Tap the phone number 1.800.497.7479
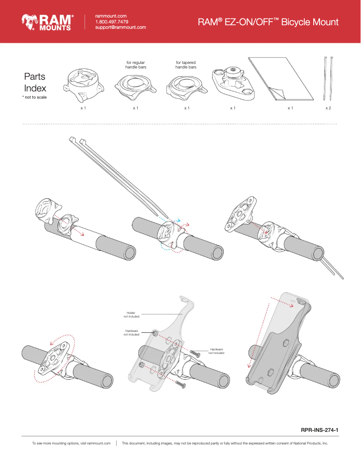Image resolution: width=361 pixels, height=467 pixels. [112, 22]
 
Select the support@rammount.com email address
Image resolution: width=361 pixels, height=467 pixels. [121, 27]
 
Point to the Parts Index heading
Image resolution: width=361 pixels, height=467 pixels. [35, 82]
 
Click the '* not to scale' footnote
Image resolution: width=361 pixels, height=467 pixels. [34, 97]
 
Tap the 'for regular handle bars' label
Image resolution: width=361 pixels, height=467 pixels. [135, 65]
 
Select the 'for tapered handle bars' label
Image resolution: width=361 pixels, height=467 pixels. [186, 65]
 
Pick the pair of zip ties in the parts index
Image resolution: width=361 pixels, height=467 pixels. [328, 78]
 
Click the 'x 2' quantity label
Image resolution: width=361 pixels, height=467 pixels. [328, 109]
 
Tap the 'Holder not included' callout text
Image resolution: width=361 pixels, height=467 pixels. [132, 314]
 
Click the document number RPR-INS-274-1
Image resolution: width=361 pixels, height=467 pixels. [319, 430]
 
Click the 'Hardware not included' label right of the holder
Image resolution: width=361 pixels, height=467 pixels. [216, 351]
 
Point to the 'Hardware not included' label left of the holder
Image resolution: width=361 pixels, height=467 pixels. [131, 332]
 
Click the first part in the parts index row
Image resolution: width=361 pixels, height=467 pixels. [83, 83]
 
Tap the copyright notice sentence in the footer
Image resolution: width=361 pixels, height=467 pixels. [225, 443]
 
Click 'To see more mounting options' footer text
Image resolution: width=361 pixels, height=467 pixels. [71, 443]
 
